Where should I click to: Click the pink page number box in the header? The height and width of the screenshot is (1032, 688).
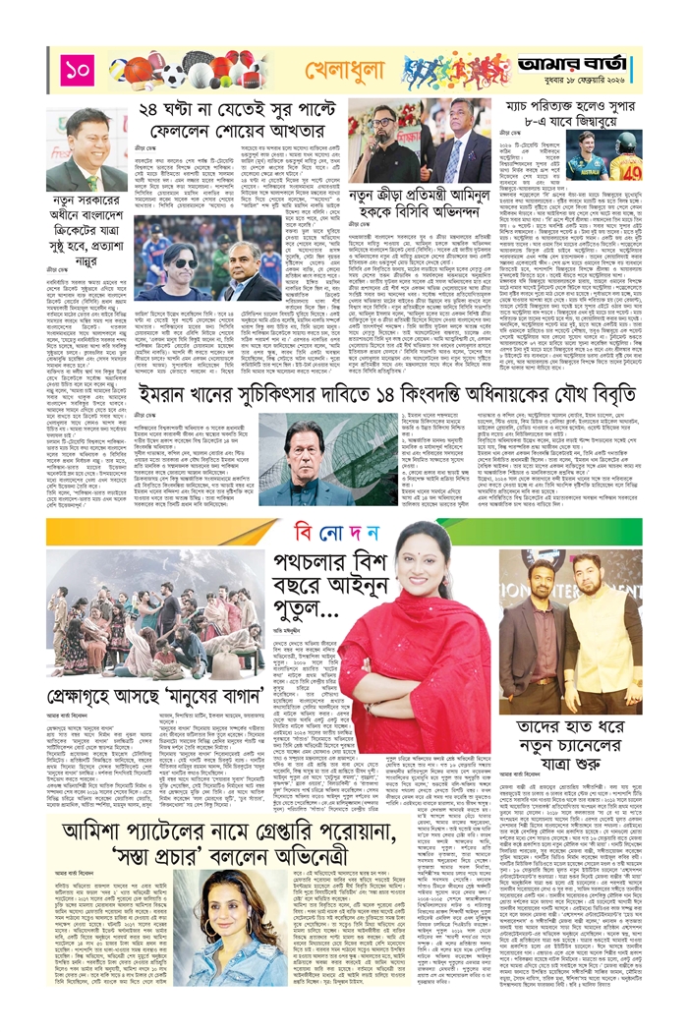tap(75, 69)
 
